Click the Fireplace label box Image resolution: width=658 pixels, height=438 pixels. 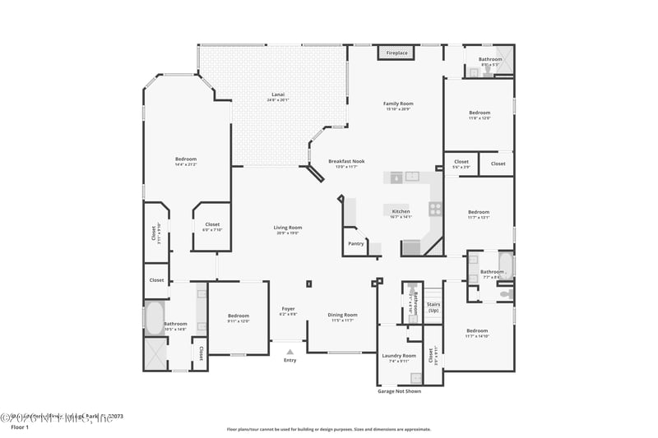click(396, 53)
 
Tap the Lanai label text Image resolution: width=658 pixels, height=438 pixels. click(278, 97)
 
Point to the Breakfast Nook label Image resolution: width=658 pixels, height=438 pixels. click(346, 163)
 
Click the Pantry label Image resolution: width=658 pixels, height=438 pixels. click(355, 243)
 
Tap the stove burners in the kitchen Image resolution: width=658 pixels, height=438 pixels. click(435, 209)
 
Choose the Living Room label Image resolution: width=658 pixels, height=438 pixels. click(288, 229)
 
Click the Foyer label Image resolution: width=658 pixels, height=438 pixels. click(288, 311)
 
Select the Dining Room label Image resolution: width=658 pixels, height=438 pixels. click(342, 316)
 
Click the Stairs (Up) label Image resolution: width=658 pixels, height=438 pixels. click(433, 307)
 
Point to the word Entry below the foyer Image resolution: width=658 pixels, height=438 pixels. click(290, 360)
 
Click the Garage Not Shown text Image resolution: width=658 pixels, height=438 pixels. click(399, 391)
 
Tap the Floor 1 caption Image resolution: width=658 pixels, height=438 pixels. click(19, 427)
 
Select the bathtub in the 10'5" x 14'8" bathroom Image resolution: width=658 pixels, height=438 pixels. click(155, 318)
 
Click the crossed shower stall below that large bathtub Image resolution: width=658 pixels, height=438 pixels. click(155, 354)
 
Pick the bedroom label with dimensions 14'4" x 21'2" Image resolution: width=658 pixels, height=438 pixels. click(185, 161)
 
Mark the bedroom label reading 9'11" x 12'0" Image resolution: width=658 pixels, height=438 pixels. click(239, 318)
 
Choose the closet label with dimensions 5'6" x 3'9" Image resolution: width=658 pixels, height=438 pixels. click(461, 164)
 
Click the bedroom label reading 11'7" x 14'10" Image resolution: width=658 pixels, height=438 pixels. click(477, 332)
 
